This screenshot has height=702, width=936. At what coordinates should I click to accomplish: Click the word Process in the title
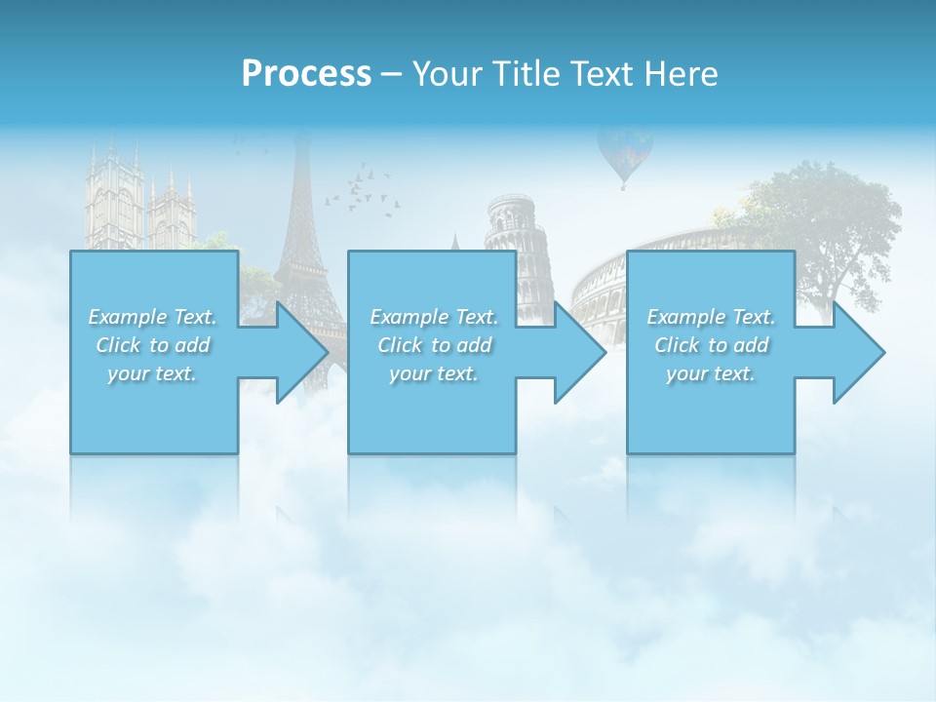click(x=306, y=74)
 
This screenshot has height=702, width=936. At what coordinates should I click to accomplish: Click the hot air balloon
click(x=624, y=153)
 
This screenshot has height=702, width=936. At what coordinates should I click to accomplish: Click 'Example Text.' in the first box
click(x=152, y=317)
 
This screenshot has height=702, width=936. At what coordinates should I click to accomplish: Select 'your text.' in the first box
click(x=152, y=373)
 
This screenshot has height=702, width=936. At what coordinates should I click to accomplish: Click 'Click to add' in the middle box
click(x=434, y=345)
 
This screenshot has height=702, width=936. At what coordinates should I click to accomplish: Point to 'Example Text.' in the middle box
click(x=434, y=317)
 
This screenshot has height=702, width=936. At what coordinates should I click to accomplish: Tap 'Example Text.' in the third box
click(x=711, y=317)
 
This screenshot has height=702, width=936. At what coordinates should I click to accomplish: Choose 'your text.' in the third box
click(x=711, y=373)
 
